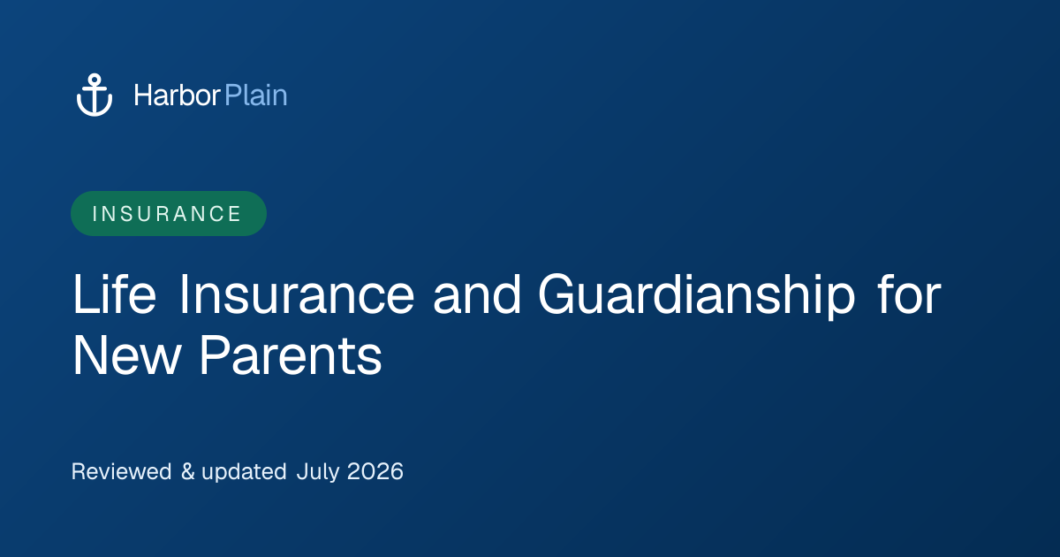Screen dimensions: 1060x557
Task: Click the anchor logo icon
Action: tap(95, 95)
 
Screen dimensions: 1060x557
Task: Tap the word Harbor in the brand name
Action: tap(177, 95)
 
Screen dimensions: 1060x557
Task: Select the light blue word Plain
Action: tap(256, 95)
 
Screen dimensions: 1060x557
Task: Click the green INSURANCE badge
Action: tap(169, 214)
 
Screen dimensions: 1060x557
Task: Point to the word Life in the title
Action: tap(115, 294)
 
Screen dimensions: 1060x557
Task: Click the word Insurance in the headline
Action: tap(297, 294)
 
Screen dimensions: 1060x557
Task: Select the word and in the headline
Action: tap(477, 294)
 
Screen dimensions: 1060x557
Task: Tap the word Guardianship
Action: tap(697, 296)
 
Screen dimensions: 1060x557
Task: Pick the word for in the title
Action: tap(909, 294)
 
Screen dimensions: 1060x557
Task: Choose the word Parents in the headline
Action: tap(291, 355)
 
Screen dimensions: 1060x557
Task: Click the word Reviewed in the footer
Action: tap(121, 471)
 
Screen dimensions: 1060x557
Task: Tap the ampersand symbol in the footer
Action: tap(188, 471)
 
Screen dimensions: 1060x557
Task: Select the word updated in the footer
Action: tap(244, 472)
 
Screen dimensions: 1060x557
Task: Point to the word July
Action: tap(318, 472)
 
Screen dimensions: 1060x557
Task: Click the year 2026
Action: tap(375, 471)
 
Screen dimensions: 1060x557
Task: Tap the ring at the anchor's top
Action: tap(95, 80)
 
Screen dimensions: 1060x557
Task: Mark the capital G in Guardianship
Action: tap(560, 294)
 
